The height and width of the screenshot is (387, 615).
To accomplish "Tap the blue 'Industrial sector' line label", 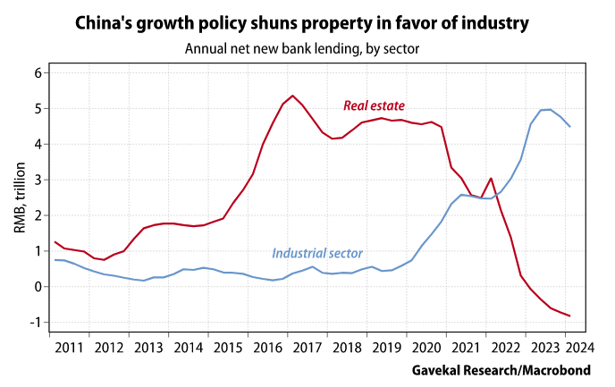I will coord(316,254).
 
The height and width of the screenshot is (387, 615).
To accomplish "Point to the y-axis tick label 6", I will coord(38,73).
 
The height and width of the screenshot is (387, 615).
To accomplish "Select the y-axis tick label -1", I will coord(35,323).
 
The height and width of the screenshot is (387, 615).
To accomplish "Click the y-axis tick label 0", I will coord(38,287).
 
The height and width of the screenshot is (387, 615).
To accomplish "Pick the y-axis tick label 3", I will coord(38,180).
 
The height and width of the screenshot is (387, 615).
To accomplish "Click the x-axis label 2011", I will coord(69,347).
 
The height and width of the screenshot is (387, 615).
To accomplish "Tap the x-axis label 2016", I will coord(268,347).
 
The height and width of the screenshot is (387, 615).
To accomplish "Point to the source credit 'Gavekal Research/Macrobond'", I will coord(507,370).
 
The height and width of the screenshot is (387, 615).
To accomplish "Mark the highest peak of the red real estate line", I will coord(292,96).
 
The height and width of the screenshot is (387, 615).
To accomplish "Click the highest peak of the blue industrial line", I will coord(549,109).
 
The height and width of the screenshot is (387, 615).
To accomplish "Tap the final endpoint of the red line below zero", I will coord(569,315).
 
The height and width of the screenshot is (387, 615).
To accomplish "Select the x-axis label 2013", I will coord(148,347).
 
